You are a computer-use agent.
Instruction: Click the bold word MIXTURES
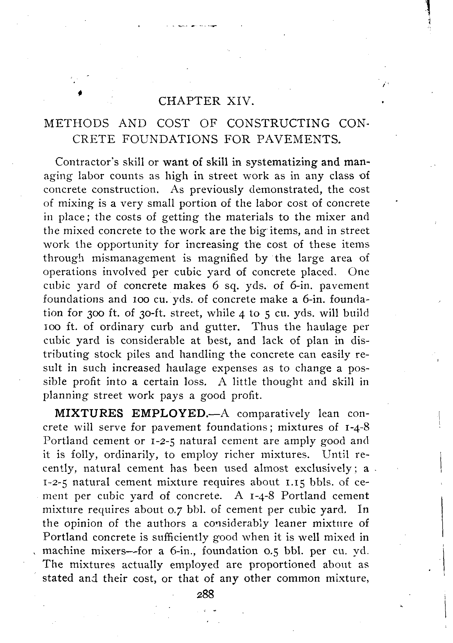click(89, 413)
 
